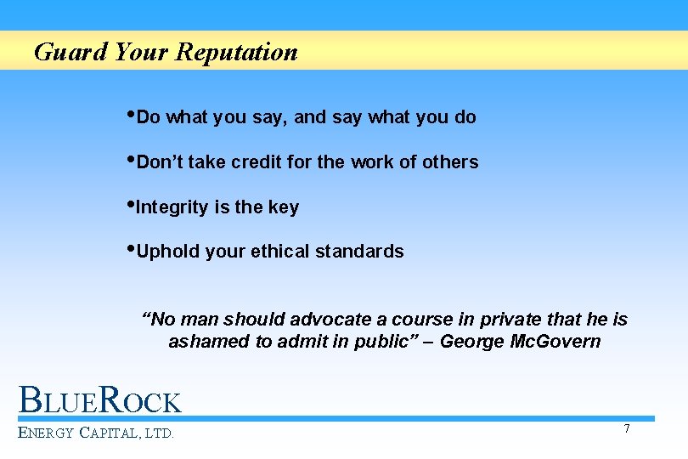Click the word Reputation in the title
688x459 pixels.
tap(237, 53)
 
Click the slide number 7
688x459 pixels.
tap(627, 428)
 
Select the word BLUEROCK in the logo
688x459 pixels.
tap(100, 400)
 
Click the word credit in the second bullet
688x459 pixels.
tap(256, 162)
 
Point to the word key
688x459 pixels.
tap(283, 207)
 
